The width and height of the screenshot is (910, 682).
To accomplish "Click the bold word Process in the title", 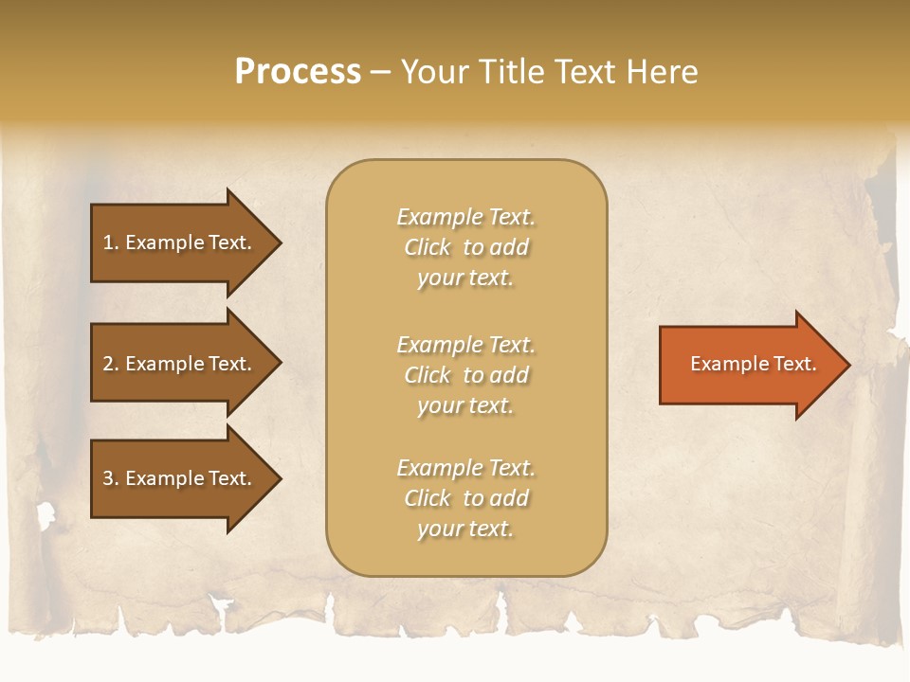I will (x=298, y=72).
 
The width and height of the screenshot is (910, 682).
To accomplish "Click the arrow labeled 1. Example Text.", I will (x=180, y=242).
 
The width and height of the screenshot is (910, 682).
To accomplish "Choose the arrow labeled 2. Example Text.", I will (x=180, y=364).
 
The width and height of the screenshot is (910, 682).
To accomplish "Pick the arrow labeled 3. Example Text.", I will (x=180, y=478).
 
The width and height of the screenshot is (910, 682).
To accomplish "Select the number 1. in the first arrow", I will (x=111, y=242).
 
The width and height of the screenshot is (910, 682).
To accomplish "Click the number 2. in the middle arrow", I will (x=111, y=364).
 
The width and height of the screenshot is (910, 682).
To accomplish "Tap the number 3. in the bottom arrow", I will (x=111, y=478).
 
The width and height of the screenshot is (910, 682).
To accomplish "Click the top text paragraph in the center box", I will (x=465, y=247).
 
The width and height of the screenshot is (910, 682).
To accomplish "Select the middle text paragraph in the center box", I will (x=465, y=375).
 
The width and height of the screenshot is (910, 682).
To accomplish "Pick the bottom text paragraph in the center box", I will (x=465, y=498).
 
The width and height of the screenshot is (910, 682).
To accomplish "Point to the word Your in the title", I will (x=432, y=72).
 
